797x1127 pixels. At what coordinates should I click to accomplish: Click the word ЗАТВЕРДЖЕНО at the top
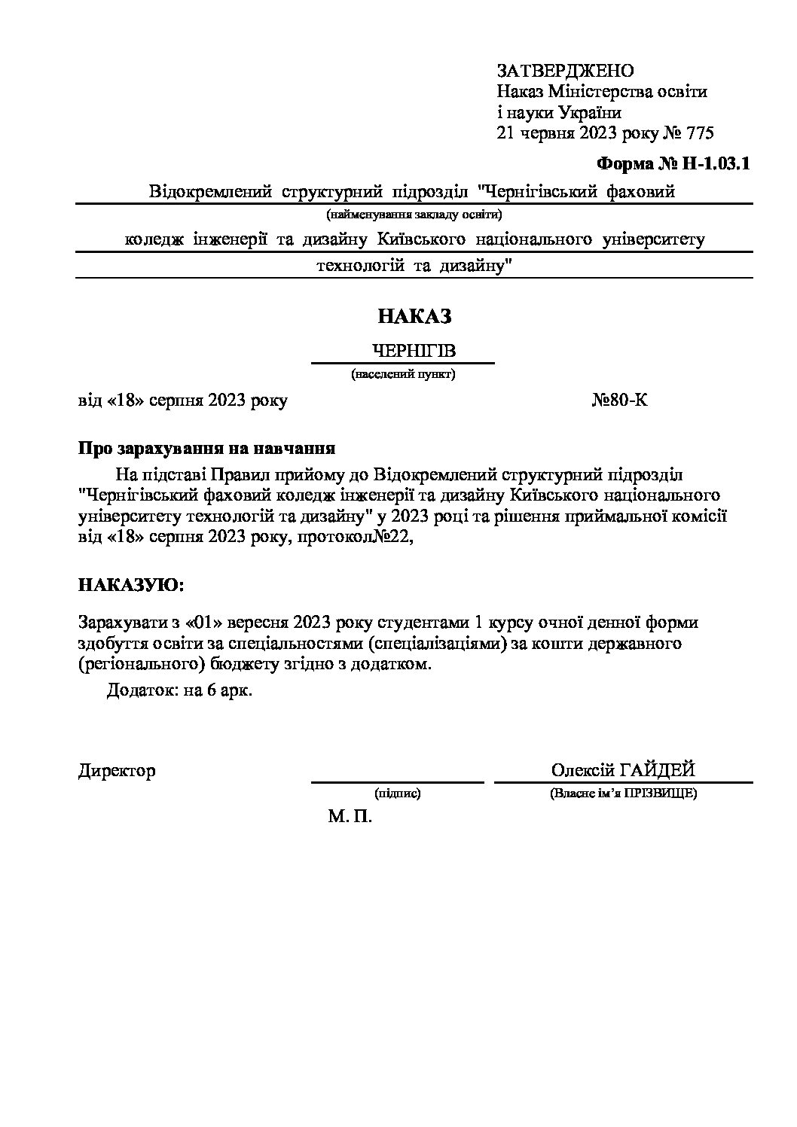(x=565, y=71)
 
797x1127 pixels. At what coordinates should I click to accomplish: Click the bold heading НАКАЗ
(x=414, y=316)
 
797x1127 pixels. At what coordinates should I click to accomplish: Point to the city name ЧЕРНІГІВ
(x=414, y=352)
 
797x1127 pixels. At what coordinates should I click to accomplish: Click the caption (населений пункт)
(x=403, y=373)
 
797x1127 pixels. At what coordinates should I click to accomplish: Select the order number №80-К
(x=619, y=401)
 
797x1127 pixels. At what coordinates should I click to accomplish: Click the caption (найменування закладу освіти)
(x=414, y=214)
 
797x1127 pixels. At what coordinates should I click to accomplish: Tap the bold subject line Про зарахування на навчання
(x=206, y=449)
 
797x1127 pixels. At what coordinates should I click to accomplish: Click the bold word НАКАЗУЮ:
(x=130, y=585)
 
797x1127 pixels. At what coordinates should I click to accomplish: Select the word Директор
(x=117, y=771)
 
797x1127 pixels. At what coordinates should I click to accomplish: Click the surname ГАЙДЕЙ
(x=657, y=770)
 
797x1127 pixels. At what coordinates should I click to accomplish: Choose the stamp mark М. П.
(x=350, y=817)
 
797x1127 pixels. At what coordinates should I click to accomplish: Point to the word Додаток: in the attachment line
(x=141, y=691)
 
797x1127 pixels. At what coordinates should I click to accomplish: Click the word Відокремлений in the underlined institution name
(x=210, y=192)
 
